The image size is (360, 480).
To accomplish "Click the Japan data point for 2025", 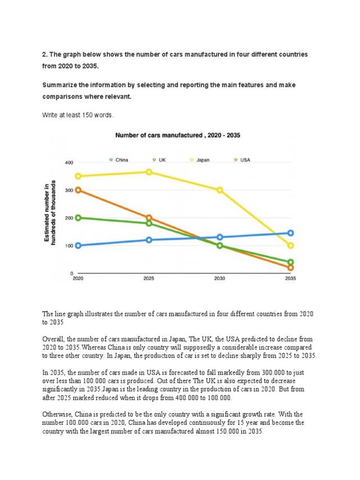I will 148,172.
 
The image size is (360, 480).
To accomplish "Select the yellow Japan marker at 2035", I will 290,246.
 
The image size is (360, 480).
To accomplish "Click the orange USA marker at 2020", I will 78,190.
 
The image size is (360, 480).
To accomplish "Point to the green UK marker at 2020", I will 78,218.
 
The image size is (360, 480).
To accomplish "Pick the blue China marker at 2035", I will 290,233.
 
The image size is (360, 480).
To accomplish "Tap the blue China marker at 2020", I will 78,245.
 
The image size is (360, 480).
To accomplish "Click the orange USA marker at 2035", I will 290,268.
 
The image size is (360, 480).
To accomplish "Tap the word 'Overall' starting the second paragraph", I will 53,339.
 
